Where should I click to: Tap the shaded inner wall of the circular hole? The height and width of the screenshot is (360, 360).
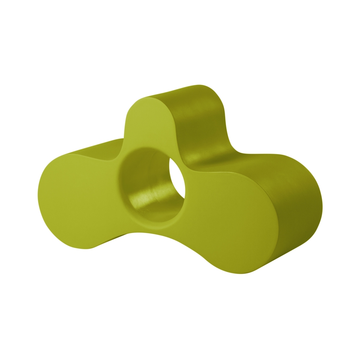tap(140, 169)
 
